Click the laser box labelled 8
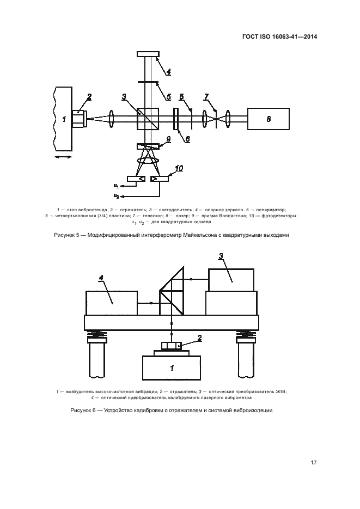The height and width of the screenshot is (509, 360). [268, 119]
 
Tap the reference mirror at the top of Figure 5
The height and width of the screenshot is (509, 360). [148, 54]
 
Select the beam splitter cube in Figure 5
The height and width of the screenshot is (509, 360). [148, 119]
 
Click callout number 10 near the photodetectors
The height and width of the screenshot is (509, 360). [179, 168]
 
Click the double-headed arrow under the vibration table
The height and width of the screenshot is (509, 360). [63, 157]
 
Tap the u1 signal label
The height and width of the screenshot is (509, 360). [116, 186]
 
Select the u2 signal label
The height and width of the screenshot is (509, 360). [116, 196]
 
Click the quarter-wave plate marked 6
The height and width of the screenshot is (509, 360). [176, 119]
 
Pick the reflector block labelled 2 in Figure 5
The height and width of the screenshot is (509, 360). [80, 119]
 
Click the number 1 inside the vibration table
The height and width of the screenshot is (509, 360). [64, 119]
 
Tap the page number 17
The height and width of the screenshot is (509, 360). [313, 463]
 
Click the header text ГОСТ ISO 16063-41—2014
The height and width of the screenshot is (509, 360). [279, 36]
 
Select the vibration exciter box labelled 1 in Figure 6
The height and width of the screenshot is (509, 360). [172, 367]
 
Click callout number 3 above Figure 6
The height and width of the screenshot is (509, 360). [221, 256]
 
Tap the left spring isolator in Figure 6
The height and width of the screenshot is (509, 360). [95, 334]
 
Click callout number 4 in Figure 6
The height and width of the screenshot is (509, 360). [101, 278]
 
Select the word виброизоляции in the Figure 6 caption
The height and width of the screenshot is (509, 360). [255, 410]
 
